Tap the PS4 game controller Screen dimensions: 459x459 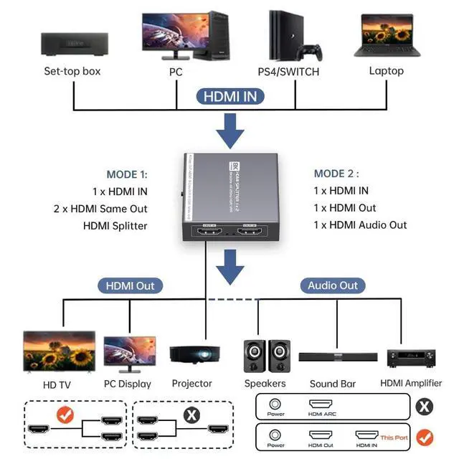point(310,52)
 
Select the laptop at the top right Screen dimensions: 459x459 point(387,35)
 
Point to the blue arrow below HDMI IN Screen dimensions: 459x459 point(229,131)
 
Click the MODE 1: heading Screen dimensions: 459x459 point(127,174)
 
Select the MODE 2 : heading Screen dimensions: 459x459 point(336,174)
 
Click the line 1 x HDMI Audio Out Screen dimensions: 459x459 point(360,225)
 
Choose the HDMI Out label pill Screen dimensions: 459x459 point(130,285)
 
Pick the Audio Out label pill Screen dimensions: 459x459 point(333,285)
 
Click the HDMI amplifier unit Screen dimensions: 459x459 point(411,356)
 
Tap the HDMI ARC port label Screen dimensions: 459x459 point(323,413)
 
